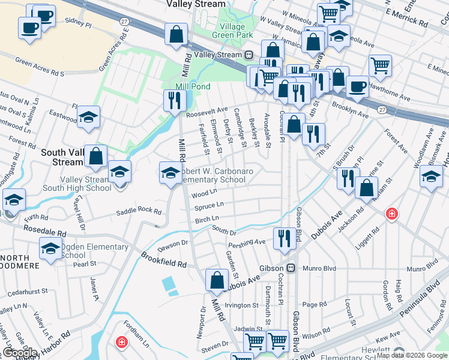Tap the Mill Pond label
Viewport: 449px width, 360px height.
pyautogui.click(x=193, y=86)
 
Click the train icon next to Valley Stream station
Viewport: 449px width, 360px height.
pyautogui.click(x=249, y=55)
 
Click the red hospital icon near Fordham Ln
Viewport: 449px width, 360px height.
pyautogui.click(x=122, y=342)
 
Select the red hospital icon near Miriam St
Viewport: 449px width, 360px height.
pyautogui.click(x=391, y=213)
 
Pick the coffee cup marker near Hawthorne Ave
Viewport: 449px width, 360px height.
pyautogui.click(x=357, y=86)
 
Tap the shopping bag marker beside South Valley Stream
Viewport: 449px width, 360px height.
pyautogui.click(x=95, y=155)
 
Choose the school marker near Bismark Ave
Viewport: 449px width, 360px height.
pyautogui.click(x=430, y=177)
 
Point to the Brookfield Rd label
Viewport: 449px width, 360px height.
pyautogui.click(x=164, y=260)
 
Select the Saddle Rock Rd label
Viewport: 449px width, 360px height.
pyautogui.click(x=139, y=212)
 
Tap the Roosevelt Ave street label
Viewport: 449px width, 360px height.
pyautogui.click(x=206, y=110)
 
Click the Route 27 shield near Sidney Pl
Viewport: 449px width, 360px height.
pyautogui.click(x=124, y=21)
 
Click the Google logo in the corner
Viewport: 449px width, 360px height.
pyautogui.click(x=20, y=353)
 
